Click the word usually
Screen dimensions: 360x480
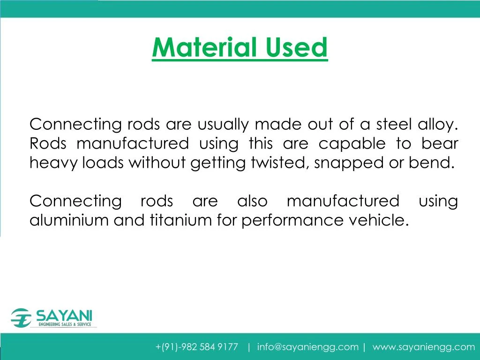(x=223, y=125)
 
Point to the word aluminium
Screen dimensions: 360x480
(x=69, y=220)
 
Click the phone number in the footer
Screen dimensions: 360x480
(x=197, y=347)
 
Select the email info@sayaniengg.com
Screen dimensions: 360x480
(x=307, y=347)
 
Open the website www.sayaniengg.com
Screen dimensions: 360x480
(x=424, y=347)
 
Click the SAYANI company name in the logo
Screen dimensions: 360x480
(x=64, y=315)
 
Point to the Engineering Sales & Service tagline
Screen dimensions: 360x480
(x=65, y=324)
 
